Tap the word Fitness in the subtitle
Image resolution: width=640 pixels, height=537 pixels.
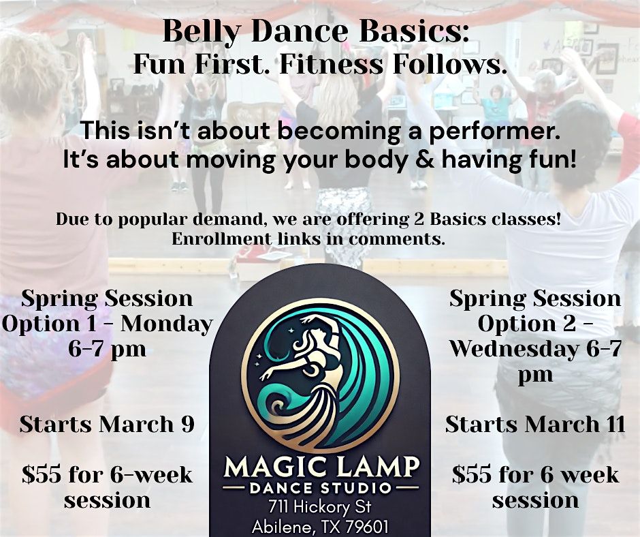point(331,65)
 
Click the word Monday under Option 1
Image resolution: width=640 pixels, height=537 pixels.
point(167,324)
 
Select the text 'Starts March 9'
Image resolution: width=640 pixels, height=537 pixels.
point(107,424)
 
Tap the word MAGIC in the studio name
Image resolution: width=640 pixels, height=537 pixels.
point(274,467)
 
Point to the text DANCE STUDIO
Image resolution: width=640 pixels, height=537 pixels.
point(321,488)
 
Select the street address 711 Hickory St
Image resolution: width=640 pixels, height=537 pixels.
point(320,507)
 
